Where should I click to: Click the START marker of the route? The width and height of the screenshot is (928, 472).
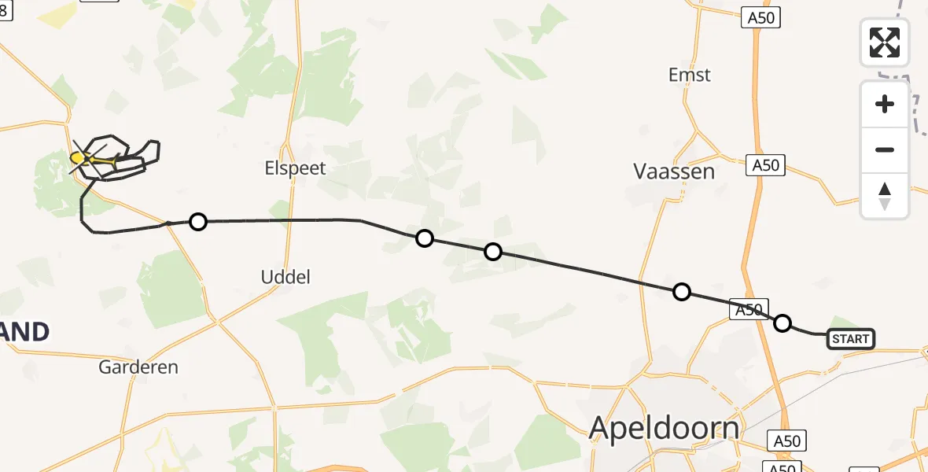coord(850,339)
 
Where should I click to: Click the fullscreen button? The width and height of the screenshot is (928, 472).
coord(885,42)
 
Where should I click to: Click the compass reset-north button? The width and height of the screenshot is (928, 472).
coord(885,196)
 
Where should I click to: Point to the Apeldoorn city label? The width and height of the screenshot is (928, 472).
coord(665,428)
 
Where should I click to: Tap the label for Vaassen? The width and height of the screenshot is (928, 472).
coord(674,171)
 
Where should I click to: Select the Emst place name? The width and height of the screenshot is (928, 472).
coord(689,75)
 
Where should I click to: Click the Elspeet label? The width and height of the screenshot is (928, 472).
coord(296,168)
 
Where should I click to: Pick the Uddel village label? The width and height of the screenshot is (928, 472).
coord(285,276)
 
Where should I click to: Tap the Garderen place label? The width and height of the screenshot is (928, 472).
coord(138,367)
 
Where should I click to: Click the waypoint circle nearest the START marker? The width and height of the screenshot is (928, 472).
coord(783,323)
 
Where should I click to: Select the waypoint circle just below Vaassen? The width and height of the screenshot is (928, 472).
coord(682,292)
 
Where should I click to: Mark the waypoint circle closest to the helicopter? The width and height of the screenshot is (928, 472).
coord(198,222)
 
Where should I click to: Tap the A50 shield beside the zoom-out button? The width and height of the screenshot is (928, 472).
coord(765,165)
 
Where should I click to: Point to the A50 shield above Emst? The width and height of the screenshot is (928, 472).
coord(760,17)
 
